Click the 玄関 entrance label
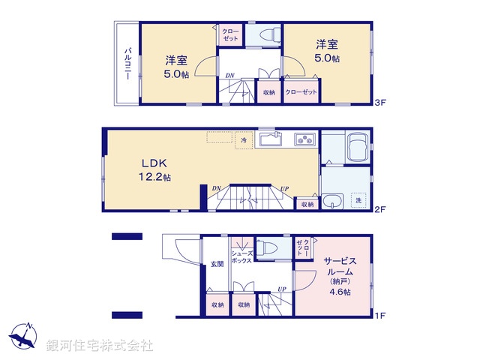coord(217,263)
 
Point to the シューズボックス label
coord(241,257)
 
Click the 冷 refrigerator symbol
coord(243,139)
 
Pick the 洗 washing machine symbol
coord(358,200)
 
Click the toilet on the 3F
coord(268,34)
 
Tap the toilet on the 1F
coord(267,249)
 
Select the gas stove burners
coord(304,139)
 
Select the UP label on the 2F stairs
coord(284,188)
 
